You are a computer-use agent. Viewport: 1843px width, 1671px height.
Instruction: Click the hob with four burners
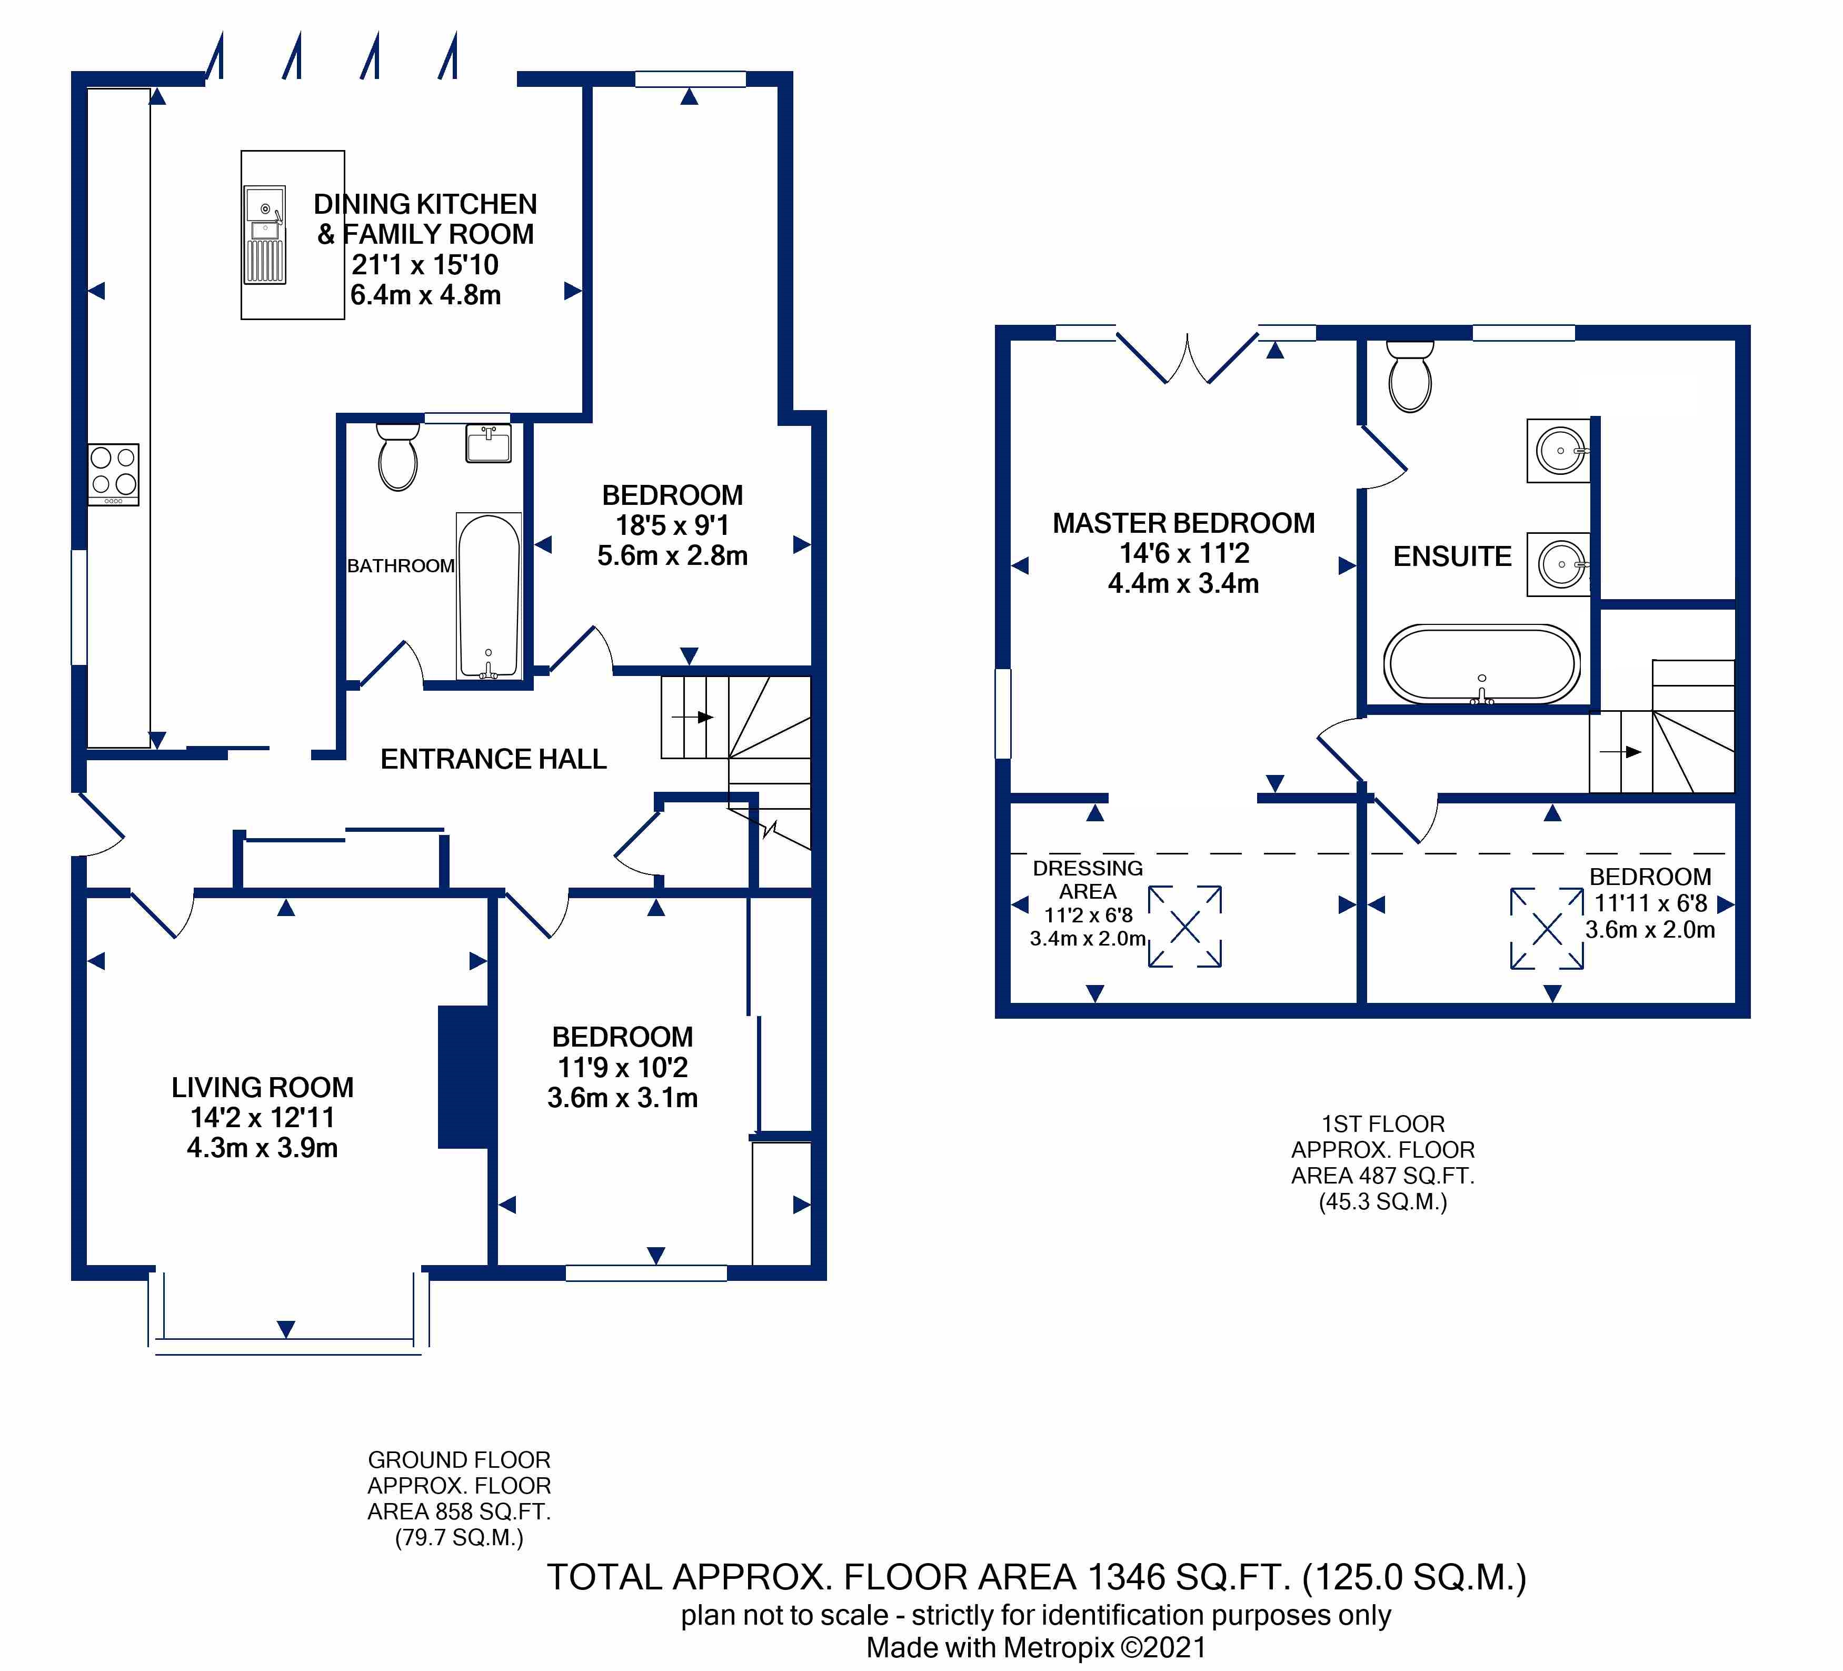pos(113,474)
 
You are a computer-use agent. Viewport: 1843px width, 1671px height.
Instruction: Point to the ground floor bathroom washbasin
pos(488,443)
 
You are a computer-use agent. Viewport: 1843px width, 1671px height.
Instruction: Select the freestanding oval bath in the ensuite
pos(1481,664)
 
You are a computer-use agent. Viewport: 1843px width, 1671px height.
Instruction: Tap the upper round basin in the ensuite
pos(1559,451)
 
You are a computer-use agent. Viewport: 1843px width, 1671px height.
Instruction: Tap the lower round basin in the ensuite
pos(1559,564)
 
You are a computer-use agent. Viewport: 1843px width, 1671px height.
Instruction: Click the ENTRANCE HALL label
pos(494,759)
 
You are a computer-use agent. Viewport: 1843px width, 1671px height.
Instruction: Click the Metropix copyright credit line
pos(1037,1647)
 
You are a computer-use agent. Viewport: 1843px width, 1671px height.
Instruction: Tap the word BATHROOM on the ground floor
pos(401,566)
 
